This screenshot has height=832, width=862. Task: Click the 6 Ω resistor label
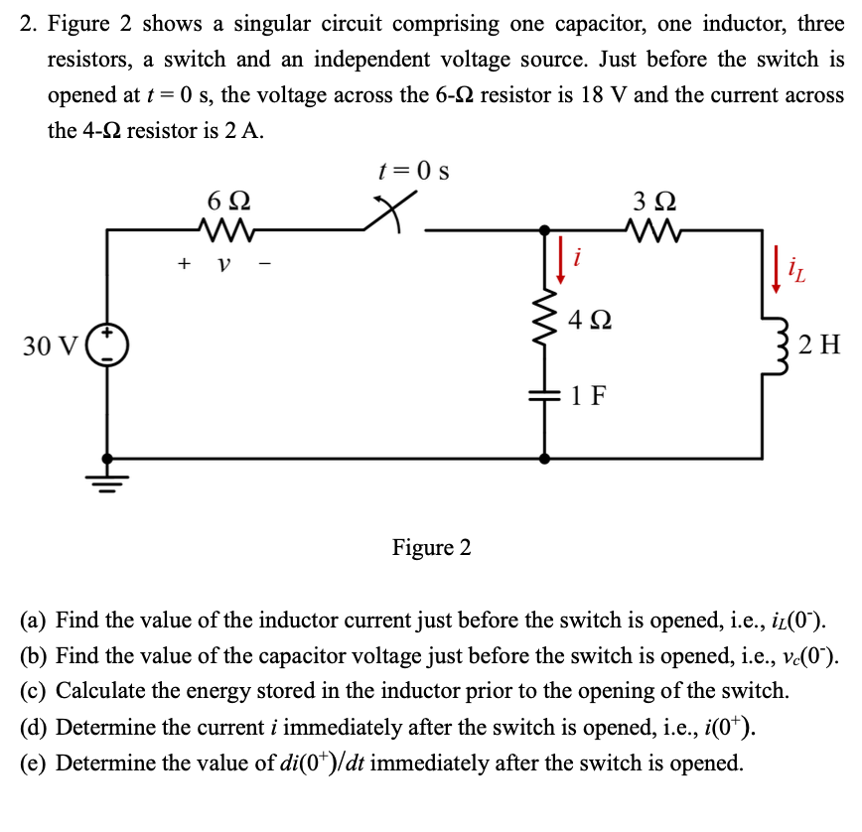[227, 199]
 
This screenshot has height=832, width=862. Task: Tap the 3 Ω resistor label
[654, 199]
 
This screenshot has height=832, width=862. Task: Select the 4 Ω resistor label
[591, 321]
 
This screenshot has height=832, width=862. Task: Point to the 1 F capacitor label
[590, 396]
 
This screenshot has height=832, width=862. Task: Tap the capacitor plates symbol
[543, 395]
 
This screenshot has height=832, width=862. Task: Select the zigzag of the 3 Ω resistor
[654, 230]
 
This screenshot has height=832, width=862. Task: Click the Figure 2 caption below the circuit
[432, 547]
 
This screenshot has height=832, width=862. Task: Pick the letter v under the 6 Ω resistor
[224, 265]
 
